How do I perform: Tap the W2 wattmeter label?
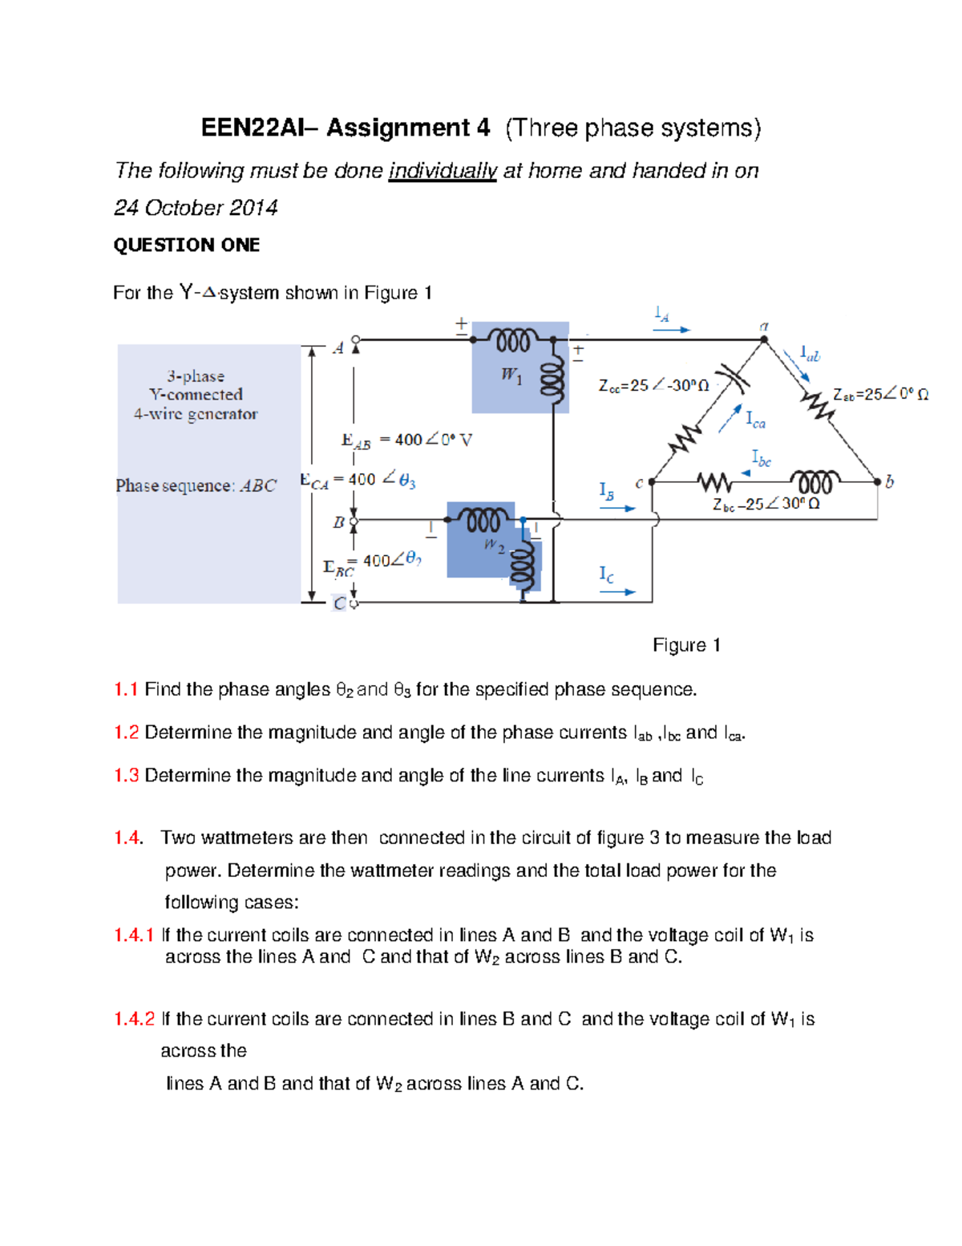[x=494, y=546]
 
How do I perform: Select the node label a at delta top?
[x=764, y=326]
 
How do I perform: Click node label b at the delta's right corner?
[x=890, y=481]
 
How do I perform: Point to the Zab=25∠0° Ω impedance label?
[x=880, y=395]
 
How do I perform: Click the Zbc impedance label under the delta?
[x=766, y=505]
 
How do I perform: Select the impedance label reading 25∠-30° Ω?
[x=654, y=386]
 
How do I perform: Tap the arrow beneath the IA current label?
[x=672, y=330]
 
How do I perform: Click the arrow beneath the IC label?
[x=617, y=592]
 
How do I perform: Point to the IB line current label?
[x=607, y=491]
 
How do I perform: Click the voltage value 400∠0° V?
[x=426, y=440]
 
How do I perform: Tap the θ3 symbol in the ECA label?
[x=407, y=481]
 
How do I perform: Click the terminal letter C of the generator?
[x=340, y=603]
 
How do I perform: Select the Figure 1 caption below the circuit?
[x=686, y=645]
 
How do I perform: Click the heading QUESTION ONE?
[x=187, y=245]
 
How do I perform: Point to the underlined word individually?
[x=443, y=171]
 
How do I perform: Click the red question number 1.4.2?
[x=134, y=1019]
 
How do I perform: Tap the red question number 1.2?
[x=126, y=733]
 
